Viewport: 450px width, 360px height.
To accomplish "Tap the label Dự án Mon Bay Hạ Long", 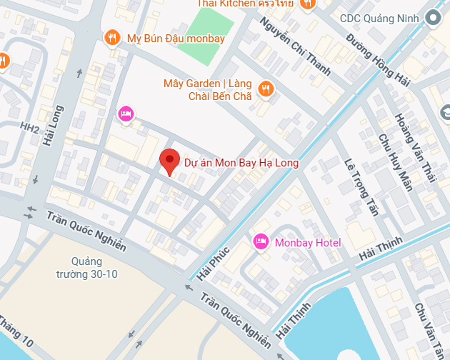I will point(241,163).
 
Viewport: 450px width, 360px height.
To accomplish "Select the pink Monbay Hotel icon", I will point(261,242).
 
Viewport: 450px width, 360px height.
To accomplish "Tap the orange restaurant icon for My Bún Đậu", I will point(111,37).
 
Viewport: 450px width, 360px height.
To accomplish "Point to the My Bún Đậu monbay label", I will point(175,38).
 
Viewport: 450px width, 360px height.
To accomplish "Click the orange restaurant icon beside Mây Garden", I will point(266,89).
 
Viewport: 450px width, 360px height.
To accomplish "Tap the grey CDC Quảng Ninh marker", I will point(432,17).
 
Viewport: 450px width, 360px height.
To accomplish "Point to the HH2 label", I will point(29,127).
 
